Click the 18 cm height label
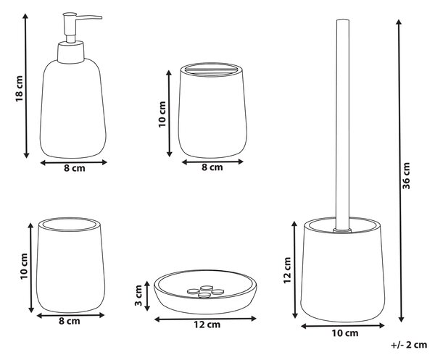(19, 88)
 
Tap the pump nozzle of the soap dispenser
(88, 17)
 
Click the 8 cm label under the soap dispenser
(75, 168)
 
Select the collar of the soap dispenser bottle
(70, 52)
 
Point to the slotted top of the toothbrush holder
(212, 70)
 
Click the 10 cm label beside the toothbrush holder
(162, 114)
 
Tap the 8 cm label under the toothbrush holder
(212, 167)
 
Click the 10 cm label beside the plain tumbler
(24, 267)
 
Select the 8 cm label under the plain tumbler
(70, 321)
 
